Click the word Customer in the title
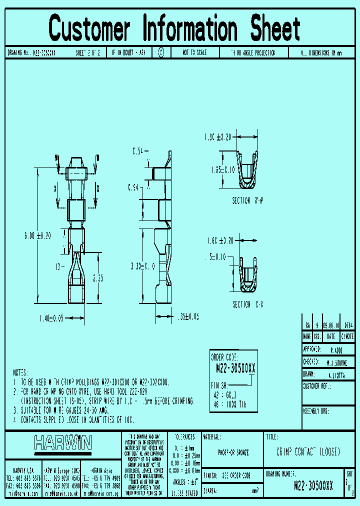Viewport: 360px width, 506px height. coord(89,28)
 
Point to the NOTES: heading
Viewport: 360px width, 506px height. coord(22,373)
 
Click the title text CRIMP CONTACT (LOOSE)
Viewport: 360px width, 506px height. coord(308,451)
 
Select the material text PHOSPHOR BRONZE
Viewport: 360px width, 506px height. coord(233,452)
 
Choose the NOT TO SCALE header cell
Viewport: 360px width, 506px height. coord(192,52)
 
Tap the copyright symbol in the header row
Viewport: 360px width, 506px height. coord(161,52)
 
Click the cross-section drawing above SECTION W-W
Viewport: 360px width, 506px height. coord(249,170)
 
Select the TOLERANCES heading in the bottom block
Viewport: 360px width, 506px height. coord(184,436)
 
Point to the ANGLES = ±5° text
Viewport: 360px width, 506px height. coord(184,482)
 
